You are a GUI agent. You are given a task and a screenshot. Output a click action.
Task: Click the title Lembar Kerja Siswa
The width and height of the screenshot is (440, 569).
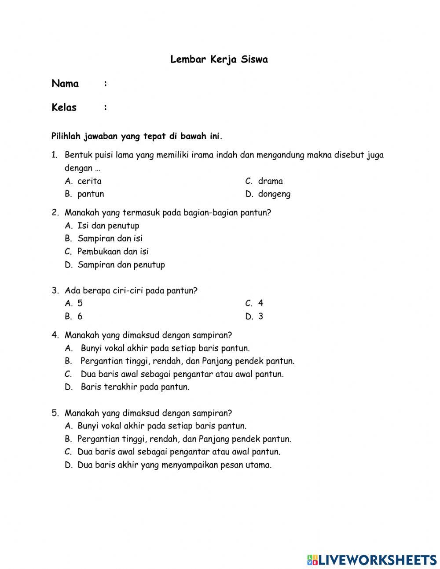pyautogui.click(x=219, y=60)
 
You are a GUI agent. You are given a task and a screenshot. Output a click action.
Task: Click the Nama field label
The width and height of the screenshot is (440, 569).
pyautogui.click(x=65, y=84)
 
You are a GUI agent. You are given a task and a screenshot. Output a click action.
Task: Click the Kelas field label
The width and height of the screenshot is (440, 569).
pyautogui.click(x=64, y=108)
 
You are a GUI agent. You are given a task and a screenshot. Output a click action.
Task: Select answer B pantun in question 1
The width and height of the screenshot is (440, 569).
pyautogui.click(x=90, y=194)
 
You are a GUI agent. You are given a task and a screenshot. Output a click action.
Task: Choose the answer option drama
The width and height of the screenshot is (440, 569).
pyautogui.click(x=270, y=181)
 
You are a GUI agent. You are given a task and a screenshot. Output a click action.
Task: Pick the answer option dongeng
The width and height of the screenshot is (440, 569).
pyautogui.click(x=274, y=194)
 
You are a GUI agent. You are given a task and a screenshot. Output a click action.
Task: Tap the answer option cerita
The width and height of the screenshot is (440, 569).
pyautogui.click(x=89, y=181)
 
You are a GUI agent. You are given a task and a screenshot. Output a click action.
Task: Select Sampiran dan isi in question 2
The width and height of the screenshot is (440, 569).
pyautogui.click(x=110, y=238)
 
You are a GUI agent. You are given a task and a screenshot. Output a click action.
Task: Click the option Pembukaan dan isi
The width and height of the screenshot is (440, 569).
pyautogui.click(x=113, y=252)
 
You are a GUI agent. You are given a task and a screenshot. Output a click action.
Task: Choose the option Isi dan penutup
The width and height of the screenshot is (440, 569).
pyautogui.click(x=108, y=226)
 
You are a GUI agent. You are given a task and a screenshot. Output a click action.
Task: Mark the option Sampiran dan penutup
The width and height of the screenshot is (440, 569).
pyautogui.click(x=121, y=265)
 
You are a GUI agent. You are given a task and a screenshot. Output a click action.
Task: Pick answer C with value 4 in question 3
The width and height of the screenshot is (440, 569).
pyautogui.click(x=260, y=303)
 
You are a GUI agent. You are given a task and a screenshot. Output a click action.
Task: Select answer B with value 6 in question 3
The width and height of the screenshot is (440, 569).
pyautogui.click(x=80, y=316)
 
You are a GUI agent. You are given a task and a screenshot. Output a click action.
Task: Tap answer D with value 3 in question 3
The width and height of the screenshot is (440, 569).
pyautogui.click(x=260, y=316)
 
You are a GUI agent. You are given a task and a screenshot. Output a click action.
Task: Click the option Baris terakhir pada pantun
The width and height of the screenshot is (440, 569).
pyautogui.click(x=135, y=387)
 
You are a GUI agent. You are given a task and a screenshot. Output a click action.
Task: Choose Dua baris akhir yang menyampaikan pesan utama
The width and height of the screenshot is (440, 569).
pyautogui.click(x=174, y=465)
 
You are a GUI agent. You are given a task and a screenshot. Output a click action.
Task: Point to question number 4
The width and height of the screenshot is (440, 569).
pyautogui.click(x=55, y=335)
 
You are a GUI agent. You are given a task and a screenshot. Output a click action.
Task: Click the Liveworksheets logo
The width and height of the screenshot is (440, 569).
pyautogui.click(x=371, y=560)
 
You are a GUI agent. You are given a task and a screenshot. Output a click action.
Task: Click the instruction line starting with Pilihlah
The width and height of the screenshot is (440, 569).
pyautogui.click(x=137, y=136)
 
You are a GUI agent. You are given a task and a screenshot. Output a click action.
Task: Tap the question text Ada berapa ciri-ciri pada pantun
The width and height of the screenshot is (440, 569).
pyautogui.click(x=131, y=290)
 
